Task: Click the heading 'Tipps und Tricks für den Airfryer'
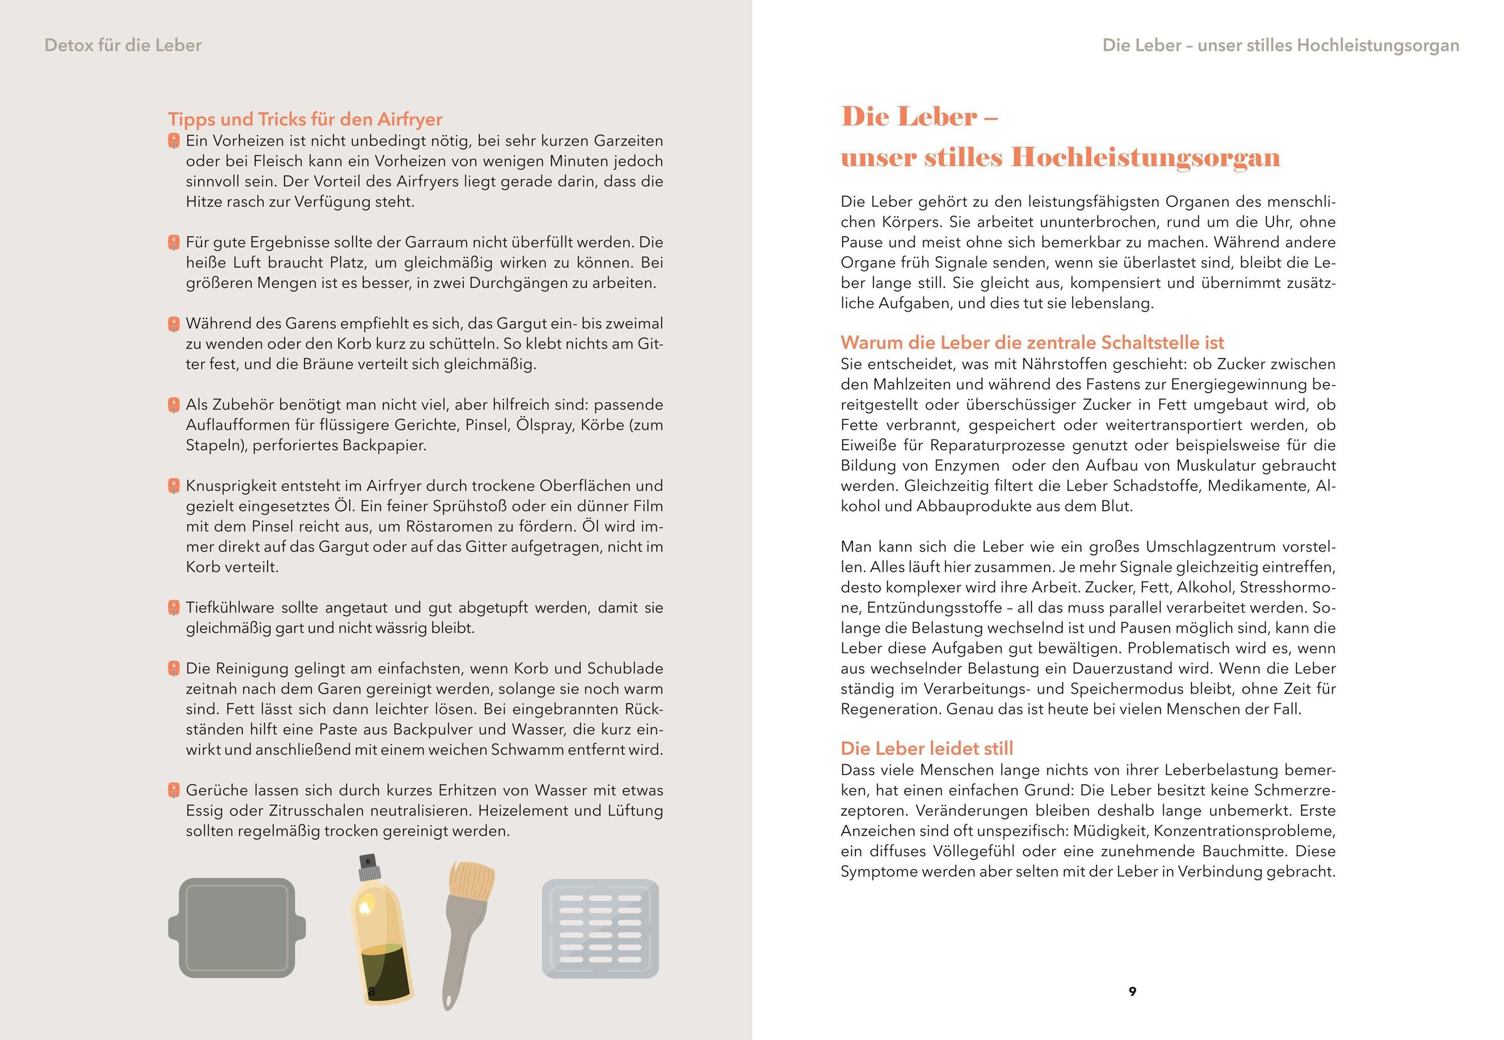pyautogui.click(x=305, y=119)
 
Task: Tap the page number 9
pyautogui.click(x=1132, y=991)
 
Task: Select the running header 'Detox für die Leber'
pyautogui.click(x=123, y=46)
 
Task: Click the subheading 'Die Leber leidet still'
pyautogui.click(x=926, y=748)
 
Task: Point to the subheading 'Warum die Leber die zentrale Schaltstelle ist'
pyautogui.click(x=1031, y=343)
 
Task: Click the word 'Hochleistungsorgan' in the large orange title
pyautogui.click(x=1145, y=158)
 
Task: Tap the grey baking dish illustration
pyautogui.click(x=237, y=927)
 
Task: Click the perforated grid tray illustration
pyautogui.click(x=600, y=928)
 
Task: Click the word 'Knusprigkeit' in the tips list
pyautogui.click(x=227, y=486)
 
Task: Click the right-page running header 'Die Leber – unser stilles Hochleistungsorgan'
pyautogui.click(x=1280, y=46)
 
